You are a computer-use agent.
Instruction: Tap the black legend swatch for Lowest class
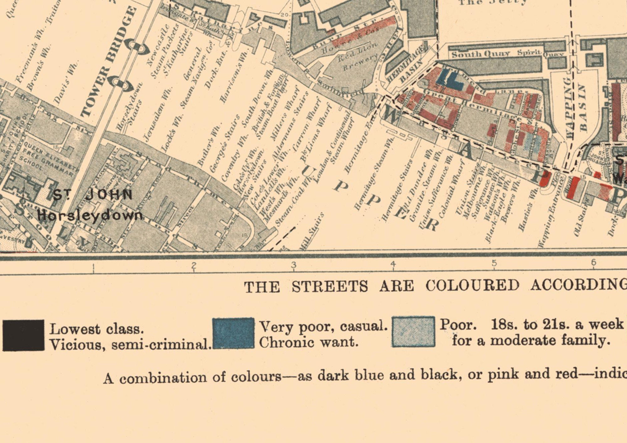click(24, 335)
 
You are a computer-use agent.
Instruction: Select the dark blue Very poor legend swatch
click(234, 333)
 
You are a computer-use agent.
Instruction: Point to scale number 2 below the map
click(194, 265)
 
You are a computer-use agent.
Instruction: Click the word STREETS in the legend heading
click(330, 286)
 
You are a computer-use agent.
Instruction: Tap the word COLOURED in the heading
click(472, 285)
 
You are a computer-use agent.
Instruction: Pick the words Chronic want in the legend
click(308, 342)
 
